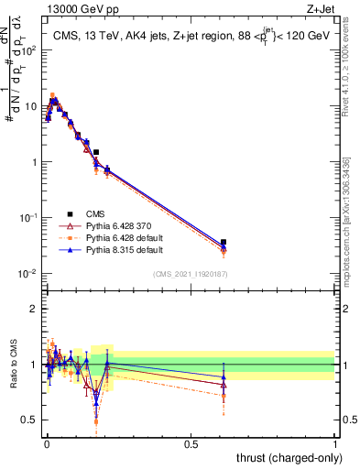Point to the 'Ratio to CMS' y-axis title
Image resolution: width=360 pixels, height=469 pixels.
click(15, 365)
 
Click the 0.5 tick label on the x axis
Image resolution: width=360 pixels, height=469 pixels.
click(191, 443)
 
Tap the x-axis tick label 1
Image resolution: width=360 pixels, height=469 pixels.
click(335, 443)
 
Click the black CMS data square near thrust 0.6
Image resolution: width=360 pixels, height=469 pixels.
click(224, 242)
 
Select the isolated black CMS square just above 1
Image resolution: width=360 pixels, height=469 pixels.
click(95, 152)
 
